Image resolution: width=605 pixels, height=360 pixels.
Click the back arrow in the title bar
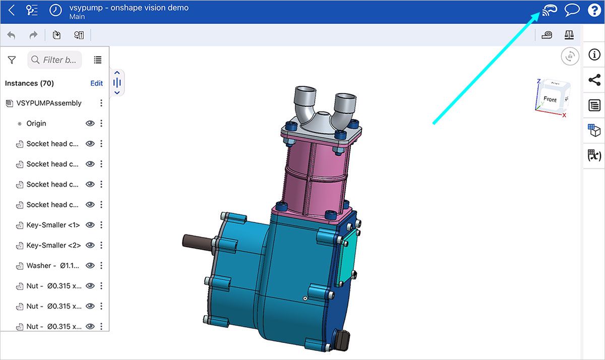[x=12, y=11]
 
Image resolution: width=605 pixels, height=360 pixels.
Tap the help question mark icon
[x=594, y=11]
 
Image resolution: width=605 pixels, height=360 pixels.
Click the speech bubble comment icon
[x=572, y=11]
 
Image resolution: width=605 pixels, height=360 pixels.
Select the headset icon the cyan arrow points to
[x=549, y=10]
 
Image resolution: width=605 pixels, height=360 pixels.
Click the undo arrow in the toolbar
[x=11, y=35]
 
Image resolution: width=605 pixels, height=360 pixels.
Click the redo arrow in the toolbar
[x=33, y=35]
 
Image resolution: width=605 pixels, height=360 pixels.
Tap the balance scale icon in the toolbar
[x=569, y=35]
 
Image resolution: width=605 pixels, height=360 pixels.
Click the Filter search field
[x=54, y=60]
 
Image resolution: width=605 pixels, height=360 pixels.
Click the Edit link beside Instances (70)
[x=96, y=83]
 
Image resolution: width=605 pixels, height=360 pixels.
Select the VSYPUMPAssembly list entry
[x=48, y=103]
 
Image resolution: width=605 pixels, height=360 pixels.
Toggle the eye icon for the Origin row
[x=90, y=124]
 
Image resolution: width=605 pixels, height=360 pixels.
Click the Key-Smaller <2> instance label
[x=53, y=246]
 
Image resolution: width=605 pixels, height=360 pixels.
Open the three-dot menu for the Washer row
[x=101, y=266]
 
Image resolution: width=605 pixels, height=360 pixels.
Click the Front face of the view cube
[x=550, y=99]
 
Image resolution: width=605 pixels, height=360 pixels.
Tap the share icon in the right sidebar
[x=594, y=80]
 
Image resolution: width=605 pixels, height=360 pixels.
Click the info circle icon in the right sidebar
[x=594, y=55]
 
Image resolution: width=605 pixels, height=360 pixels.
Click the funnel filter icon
[x=12, y=60]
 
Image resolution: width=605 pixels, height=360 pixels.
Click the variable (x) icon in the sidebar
[x=594, y=155]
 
